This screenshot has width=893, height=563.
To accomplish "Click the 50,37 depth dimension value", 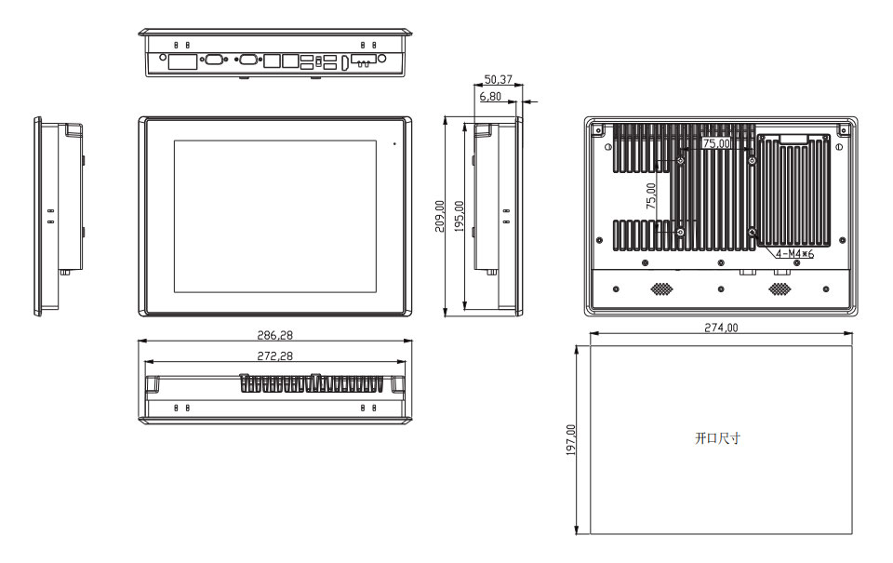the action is pyautogui.click(x=498, y=79).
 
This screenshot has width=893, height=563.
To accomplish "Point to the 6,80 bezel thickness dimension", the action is pyautogui.click(x=490, y=96).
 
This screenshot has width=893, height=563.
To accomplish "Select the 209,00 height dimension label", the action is pyautogui.click(x=440, y=216).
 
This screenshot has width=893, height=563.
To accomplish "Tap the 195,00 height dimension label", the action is pyautogui.click(x=460, y=216).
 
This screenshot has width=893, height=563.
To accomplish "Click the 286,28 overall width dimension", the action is pyautogui.click(x=274, y=335).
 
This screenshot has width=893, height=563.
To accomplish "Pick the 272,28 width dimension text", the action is pyautogui.click(x=274, y=355).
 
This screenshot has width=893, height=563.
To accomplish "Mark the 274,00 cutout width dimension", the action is pyautogui.click(x=721, y=328).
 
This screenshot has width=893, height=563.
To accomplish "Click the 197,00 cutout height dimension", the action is pyautogui.click(x=570, y=440).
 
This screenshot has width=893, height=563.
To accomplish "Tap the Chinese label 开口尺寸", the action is pyautogui.click(x=717, y=438).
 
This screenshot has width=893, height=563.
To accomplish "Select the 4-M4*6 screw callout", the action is pyautogui.click(x=794, y=253).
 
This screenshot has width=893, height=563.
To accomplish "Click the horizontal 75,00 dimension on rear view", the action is pyautogui.click(x=716, y=143).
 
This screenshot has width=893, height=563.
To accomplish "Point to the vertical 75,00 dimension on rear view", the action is pyautogui.click(x=651, y=195).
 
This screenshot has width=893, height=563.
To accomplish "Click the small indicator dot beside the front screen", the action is pyautogui.click(x=394, y=143).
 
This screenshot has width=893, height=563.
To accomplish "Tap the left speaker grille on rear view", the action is pyautogui.click(x=661, y=288).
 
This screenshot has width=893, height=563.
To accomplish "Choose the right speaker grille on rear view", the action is pyautogui.click(x=780, y=288).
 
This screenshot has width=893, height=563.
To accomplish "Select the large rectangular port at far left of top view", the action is pyautogui.click(x=183, y=61).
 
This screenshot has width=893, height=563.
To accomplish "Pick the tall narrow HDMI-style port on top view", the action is pyautogui.click(x=345, y=63).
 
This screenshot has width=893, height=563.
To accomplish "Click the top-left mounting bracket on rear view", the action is pyautogui.click(x=597, y=130).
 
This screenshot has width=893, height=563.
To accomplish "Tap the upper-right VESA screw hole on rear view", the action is pyautogui.click(x=753, y=162).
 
